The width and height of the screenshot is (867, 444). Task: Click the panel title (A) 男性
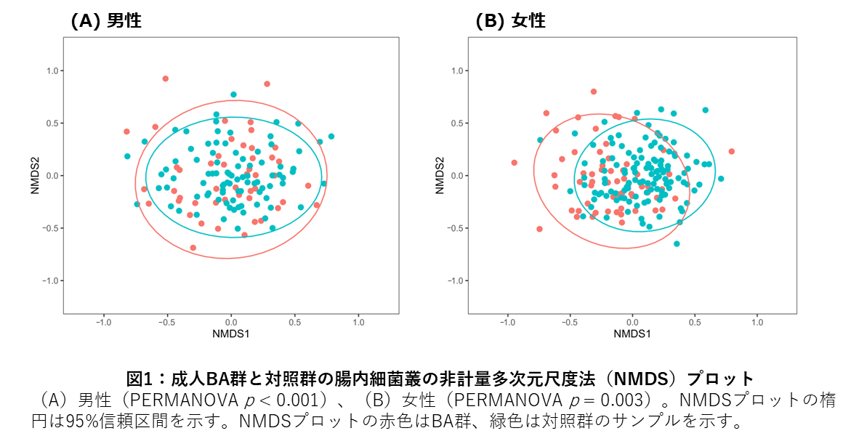tap(106, 21)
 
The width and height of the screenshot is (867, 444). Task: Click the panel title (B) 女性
tap(510, 21)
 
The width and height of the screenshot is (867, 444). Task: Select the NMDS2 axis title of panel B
tap(438, 176)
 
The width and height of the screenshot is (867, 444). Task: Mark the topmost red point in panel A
tap(166, 78)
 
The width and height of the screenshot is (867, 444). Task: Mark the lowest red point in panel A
tap(193, 248)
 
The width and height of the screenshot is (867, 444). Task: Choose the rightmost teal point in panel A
tap(331, 136)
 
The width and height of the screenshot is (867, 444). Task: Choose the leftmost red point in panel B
tap(514, 163)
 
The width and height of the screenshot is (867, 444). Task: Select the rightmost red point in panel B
tap(732, 151)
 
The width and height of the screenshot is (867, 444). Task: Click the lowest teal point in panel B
tap(677, 243)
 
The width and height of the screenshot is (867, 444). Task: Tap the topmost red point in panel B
tap(594, 92)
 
